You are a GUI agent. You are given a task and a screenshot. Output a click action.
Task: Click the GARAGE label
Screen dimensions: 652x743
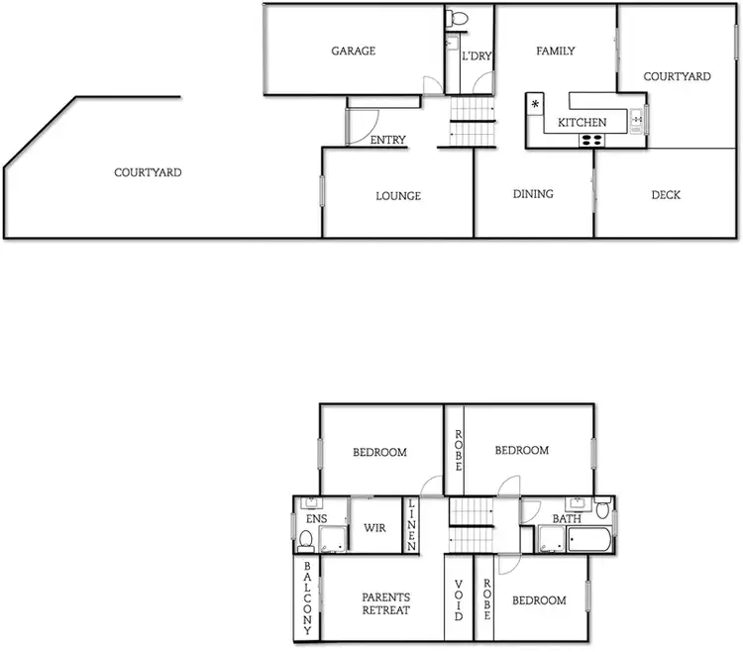click(353, 52)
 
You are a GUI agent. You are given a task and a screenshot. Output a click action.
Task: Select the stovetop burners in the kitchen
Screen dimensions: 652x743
click(591, 140)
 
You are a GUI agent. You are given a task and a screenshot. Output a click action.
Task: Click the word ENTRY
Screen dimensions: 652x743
click(387, 141)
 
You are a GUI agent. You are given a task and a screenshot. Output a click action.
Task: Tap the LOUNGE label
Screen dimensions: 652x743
click(398, 196)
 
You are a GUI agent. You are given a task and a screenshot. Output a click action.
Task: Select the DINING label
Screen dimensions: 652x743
click(533, 194)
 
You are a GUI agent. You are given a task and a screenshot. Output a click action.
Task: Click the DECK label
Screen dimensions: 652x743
click(666, 195)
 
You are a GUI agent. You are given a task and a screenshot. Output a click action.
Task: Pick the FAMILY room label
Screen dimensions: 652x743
click(556, 52)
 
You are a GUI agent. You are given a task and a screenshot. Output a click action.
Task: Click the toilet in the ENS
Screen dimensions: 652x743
click(306, 541)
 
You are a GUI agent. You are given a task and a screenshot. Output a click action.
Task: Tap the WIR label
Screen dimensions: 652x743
click(374, 528)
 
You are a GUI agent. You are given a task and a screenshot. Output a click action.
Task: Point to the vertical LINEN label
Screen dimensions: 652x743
click(412, 524)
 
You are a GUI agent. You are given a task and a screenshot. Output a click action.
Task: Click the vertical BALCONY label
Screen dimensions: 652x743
click(308, 598)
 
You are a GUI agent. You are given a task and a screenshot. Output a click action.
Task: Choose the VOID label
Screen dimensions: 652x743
click(459, 600)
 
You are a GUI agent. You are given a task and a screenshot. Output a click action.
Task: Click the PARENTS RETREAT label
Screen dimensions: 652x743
click(385, 603)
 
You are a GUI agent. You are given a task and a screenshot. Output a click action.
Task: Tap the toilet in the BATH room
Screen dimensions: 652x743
click(603, 511)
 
